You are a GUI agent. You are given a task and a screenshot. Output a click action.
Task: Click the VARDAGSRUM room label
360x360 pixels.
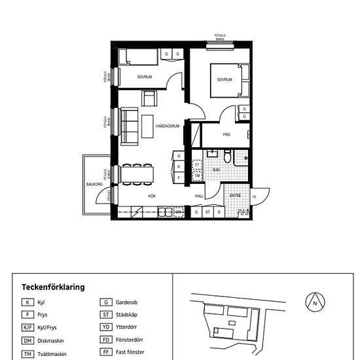click(x=168, y=125)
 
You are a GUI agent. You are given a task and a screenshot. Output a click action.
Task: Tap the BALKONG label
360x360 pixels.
click(x=94, y=184)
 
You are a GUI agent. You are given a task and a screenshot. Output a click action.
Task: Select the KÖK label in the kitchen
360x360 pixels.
click(x=151, y=196)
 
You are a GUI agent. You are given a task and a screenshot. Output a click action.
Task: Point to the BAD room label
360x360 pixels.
click(x=216, y=169)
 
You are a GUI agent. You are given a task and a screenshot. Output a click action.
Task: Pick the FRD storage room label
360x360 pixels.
click(x=226, y=135)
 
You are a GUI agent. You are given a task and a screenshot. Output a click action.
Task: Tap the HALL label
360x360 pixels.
click(x=199, y=196)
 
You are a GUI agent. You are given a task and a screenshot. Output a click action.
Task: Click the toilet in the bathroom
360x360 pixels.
click(x=226, y=157)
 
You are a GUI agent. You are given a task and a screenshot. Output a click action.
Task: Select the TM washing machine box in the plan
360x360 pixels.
click(x=196, y=176)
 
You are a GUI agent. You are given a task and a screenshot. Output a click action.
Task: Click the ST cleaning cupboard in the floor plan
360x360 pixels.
click(x=207, y=212)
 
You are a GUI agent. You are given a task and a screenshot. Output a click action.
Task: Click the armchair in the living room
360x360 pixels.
click(x=149, y=99)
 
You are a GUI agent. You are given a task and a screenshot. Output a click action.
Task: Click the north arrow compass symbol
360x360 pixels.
click(x=315, y=302)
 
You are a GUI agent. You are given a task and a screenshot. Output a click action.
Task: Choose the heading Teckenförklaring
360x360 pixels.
click(x=53, y=287)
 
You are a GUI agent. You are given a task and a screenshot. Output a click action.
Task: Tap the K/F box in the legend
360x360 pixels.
click(x=27, y=328)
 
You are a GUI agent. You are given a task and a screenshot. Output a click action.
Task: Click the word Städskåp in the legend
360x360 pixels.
click(x=127, y=315)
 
